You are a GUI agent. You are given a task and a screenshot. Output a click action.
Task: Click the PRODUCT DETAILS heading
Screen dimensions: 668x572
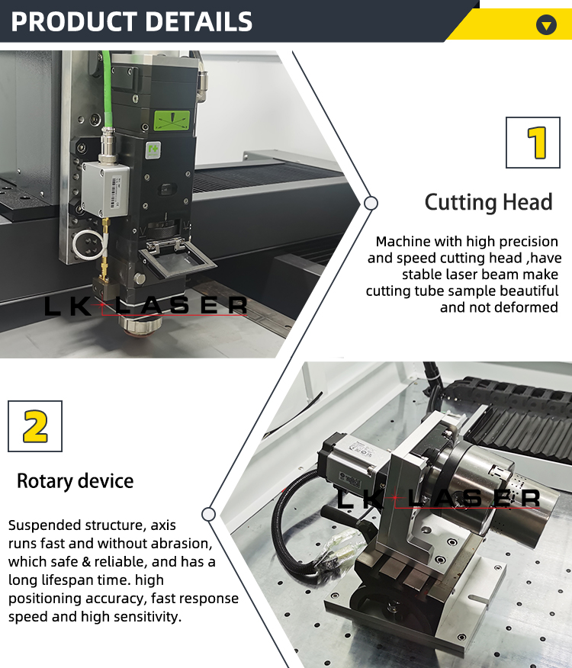131,21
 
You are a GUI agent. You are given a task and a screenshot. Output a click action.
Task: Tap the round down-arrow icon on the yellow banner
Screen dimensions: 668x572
546,24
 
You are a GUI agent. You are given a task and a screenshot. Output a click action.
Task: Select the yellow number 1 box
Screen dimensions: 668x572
538,142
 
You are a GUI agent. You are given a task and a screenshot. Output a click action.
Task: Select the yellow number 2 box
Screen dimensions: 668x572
35,426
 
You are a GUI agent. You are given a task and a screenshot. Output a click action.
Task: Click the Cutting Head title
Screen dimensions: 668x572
488,202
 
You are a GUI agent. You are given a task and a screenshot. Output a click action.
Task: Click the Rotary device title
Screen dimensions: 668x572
75,481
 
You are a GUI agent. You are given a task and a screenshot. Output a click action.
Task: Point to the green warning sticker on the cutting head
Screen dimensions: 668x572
172,121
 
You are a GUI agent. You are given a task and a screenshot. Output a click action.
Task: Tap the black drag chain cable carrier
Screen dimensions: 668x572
526,427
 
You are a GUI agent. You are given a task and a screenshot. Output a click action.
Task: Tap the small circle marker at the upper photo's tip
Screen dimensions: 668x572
371,204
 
